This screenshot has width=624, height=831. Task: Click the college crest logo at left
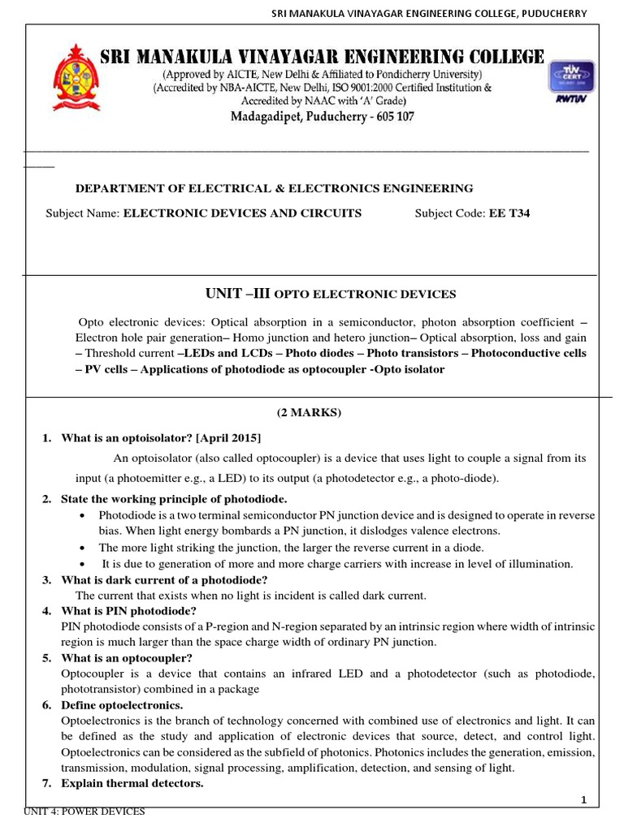click(77, 78)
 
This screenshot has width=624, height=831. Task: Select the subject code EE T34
click(509, 213)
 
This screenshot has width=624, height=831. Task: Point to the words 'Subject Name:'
click(82, 213)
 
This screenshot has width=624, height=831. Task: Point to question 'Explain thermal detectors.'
click(132, 783)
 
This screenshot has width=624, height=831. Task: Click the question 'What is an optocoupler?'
click(126, 657)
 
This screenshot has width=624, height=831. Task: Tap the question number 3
click(46, 579)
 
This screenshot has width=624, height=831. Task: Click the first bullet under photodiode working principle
click(84, 516)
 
